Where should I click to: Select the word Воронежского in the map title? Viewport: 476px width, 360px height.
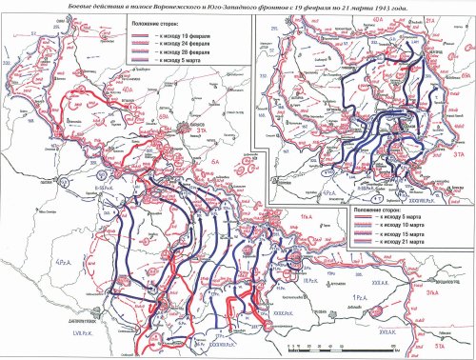(151, 7)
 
